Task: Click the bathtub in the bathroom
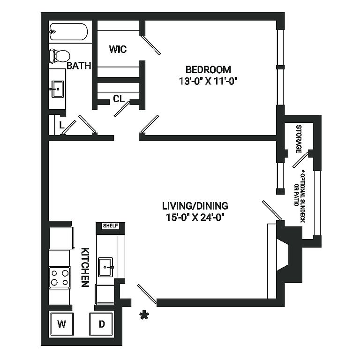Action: (x=68, y=32)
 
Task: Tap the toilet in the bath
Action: (x=60, y=56)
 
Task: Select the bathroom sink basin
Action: (x=57, y=89)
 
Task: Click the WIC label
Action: (x=118, y=49)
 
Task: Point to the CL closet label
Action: (x=119, y=99)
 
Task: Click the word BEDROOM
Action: (x=208, y=69)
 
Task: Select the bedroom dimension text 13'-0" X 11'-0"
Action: (x=208, y=81)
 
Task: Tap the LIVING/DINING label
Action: (x=195, y=206)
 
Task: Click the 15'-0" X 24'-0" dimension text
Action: (x=195, y=217)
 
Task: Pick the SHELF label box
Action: (x=111, y=225)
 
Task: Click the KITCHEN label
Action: (x=85, y=267)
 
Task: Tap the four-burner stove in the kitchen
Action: (x=60, y=277)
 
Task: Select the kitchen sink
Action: (x=106, y=267)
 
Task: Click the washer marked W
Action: (x=61, y=324)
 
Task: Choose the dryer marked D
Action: (x=101, y=324)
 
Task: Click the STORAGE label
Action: (x=299, y=139)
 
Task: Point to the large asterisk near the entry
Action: (x=144, y=315)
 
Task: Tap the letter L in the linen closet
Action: (x=61, y=125)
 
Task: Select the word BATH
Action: (x=79, y=66)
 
